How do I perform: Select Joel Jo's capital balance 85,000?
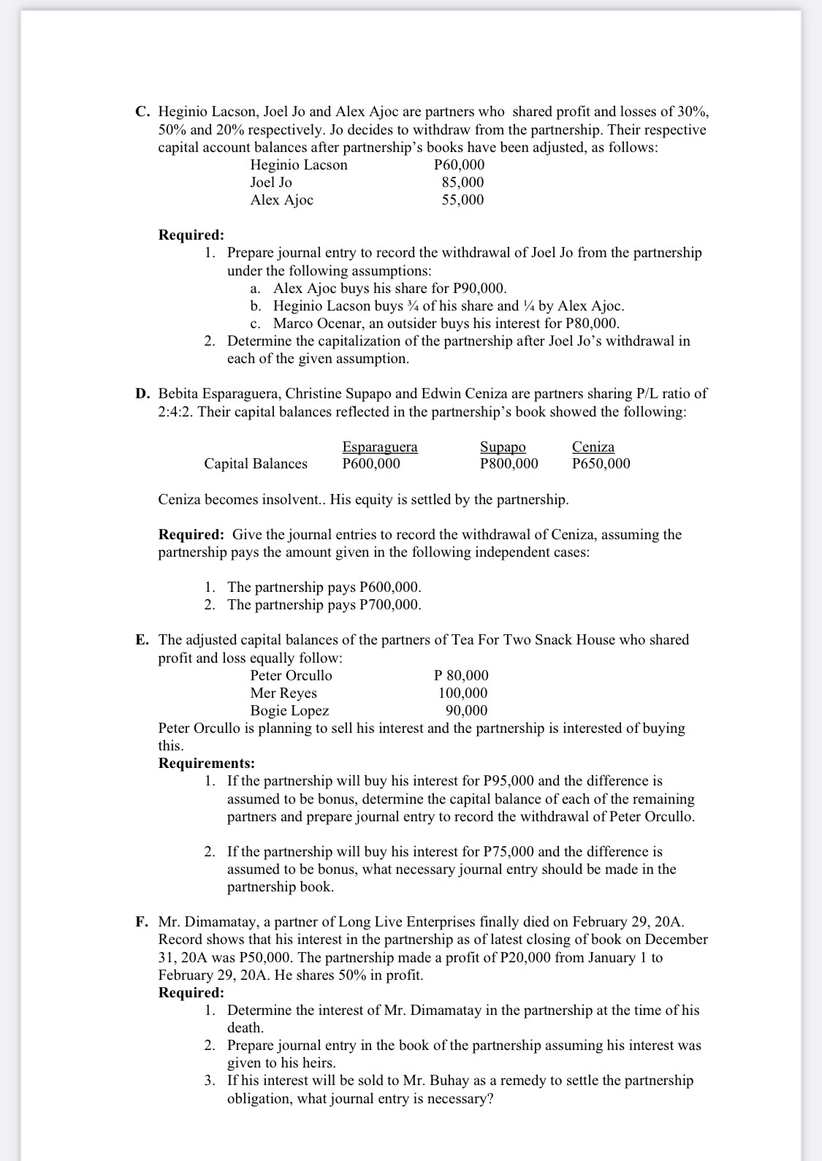(463, 182)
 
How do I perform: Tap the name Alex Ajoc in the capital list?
(281, 199)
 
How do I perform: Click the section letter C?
(142, 112)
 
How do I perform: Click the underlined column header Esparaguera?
(380, 446)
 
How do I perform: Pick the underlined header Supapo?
(503, 446)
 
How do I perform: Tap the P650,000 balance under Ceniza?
(601, 463)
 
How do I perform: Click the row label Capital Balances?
(256, 463)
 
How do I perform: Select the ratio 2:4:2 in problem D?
(174, 411)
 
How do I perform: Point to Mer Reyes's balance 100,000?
(463, 693)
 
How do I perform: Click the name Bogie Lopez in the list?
(289, 710)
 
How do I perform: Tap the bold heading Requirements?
(207, 764)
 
